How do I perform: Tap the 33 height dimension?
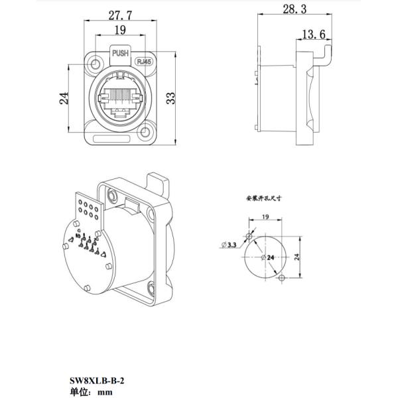click(170, 98)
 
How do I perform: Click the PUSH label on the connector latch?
click(121, 54)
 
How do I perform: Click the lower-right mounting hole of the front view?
click(146, 134)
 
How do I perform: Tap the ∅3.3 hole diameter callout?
click(230, 245)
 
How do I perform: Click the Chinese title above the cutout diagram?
click(265, 198)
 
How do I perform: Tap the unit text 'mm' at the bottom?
click(104, 391)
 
